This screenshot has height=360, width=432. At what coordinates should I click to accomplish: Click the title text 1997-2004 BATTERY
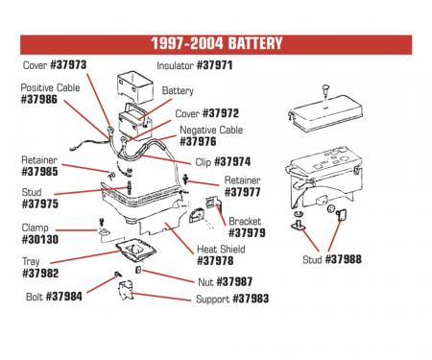point(216,44)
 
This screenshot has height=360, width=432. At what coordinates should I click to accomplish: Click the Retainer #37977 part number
point(242,192)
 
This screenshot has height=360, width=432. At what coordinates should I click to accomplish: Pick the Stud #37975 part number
point(39,204)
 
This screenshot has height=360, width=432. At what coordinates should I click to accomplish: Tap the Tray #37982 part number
point(39,274)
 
